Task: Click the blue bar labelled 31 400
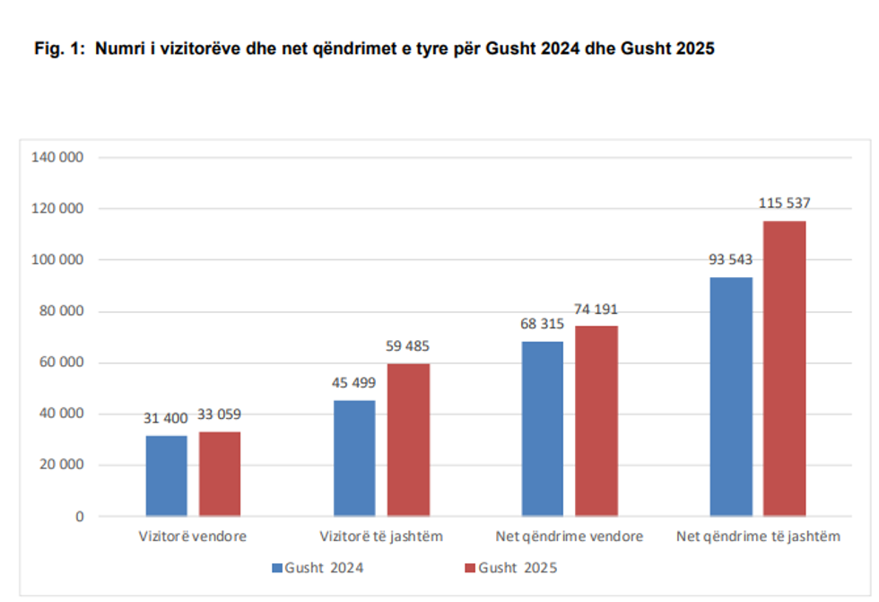pos(167,475)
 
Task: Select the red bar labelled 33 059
pos(220,474)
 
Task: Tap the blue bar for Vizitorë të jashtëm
pos(354,458)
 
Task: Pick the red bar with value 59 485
pos(408,440)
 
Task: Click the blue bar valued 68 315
pos(543,429)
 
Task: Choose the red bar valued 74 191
pos(596,421)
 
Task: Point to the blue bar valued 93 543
pos(731,397)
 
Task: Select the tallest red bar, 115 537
pos(785,368)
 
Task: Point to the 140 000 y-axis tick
pos(57,157)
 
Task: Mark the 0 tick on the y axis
pos(79,517)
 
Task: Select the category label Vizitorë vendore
pos(193,537)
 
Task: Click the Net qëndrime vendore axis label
pos(570,537)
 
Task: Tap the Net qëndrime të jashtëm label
pos(758,537)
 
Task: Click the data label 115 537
pos(785,204)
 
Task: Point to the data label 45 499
pos(354,383)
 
